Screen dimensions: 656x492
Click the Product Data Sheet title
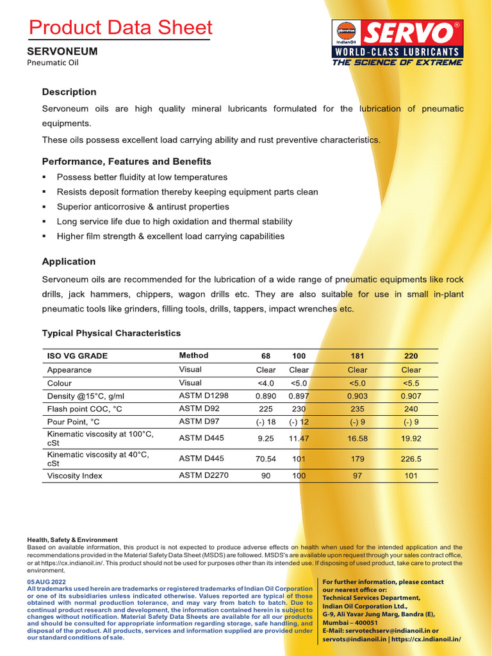[x=120, y=28]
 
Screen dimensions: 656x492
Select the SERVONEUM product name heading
[x=62, y=51]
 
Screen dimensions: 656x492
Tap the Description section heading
[x=69, y=92]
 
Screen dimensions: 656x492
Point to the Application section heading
[x=69, y=261]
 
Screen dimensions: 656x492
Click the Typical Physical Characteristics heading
[x=111, y=333]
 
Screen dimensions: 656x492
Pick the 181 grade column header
[x=357, y=356]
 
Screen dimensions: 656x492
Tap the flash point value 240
[x=411, y=409]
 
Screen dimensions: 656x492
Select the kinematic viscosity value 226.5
[x=411, y=459]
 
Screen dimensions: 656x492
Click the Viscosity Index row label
[x=75, y=476]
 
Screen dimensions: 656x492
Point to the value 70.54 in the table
[x=265, y=459]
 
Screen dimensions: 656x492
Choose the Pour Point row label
[x=74, y=422]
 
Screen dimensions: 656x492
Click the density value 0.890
[x=265, y=396]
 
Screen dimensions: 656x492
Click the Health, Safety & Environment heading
[x=72, y=540]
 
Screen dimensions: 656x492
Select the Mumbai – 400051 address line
[x=350, y=622]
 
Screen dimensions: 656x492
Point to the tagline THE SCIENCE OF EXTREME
[x=397, y=63]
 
